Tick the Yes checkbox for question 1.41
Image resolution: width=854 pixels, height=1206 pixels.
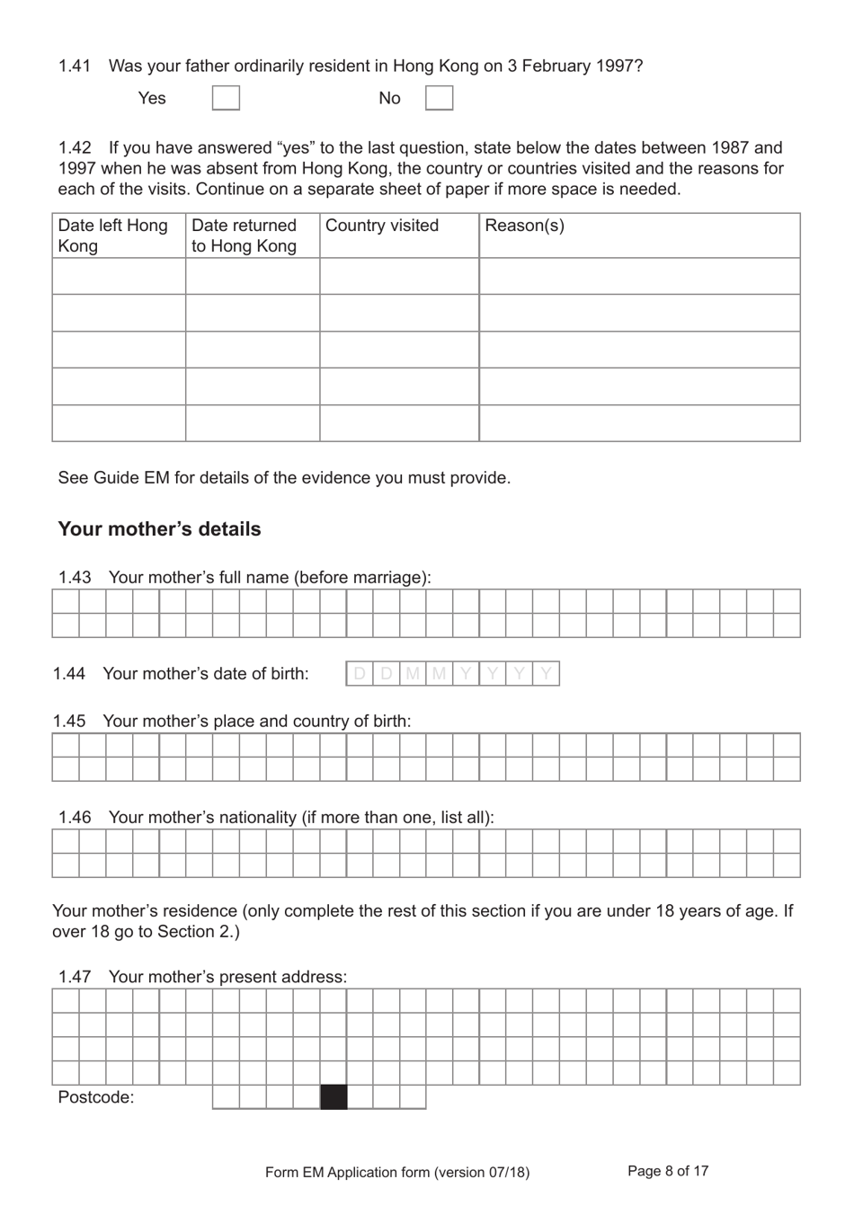tap(226, 98)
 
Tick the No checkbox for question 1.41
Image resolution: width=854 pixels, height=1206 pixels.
tap(439, 98)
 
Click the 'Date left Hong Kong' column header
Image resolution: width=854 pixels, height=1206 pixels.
tap(113, 235)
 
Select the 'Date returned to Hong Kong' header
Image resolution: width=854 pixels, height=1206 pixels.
tap(244, 235)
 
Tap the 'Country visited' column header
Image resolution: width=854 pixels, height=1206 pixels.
tap(382, 226)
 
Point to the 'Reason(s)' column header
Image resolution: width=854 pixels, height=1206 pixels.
tap(525, 226)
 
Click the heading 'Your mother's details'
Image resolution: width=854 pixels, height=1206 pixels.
tap(159, 529)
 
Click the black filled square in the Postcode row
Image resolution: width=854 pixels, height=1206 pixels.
tap(334, 1097)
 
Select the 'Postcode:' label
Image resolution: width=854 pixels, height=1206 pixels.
tap(96, 1097)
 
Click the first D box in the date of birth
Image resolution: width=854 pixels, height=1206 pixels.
tap(360, 674)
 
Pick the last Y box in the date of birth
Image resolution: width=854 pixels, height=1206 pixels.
tap(546, 674)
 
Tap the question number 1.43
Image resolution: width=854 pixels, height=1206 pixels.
tap(75, 578)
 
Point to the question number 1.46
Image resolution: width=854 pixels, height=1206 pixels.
tap(75, 818)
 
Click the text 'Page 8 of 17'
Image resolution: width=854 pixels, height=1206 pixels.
tap(668, 1171)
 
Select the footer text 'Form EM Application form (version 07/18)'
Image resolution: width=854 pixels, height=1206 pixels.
tap(397, 1172)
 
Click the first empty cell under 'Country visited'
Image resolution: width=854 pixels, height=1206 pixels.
tap(399, 277)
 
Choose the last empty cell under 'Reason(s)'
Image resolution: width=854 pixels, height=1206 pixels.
tap(639, 423)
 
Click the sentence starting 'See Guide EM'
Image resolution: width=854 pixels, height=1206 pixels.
tap(284, 478)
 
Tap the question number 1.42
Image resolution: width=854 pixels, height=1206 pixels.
tap(75, 148)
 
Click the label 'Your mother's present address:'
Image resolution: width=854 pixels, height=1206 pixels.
tap(227, 977)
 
